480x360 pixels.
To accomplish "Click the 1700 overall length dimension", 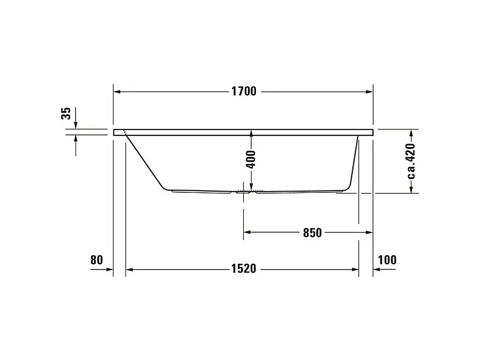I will point(243,92).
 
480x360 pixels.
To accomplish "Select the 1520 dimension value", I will point(243,269).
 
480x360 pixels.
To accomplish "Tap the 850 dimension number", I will point(312,232).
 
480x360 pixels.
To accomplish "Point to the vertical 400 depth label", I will point(251,159).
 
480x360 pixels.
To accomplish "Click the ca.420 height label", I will point(410,160).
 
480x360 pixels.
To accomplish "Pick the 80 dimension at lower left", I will point(96,260).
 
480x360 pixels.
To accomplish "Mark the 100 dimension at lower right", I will point(387,260).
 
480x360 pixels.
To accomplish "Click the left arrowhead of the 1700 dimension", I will point(118,92).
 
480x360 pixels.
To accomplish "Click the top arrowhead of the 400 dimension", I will point(251,133).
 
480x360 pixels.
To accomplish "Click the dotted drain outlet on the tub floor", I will point(250,190).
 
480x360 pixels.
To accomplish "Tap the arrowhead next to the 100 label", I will point(376,269).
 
